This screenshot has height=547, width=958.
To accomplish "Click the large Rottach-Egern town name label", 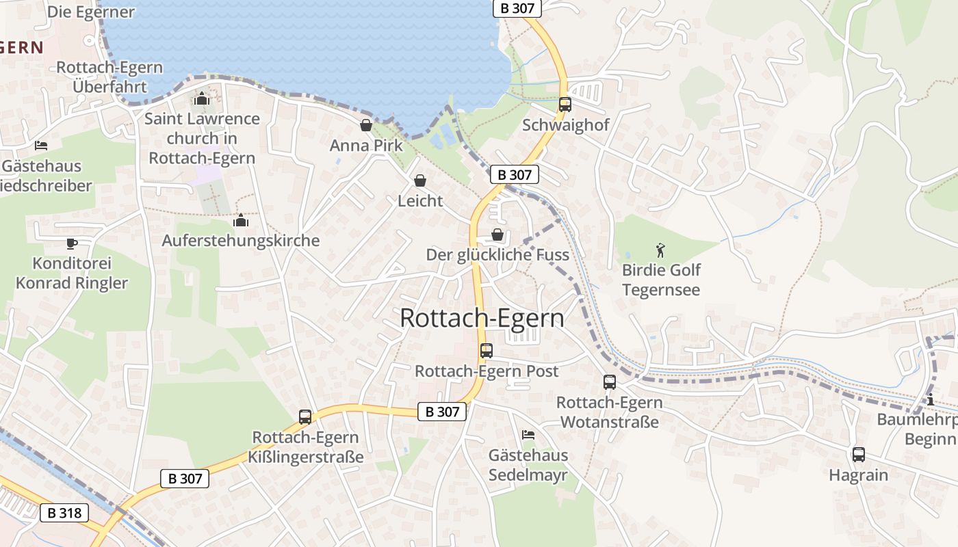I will click(482, 319).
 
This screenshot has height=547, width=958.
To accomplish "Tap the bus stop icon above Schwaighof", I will click(565, 105).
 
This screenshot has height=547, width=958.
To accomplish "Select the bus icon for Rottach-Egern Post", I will click(486, 351).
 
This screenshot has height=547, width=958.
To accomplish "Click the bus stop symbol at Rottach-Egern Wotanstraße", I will click(609, 382).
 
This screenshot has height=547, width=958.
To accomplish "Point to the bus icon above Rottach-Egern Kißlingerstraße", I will click(305, 416).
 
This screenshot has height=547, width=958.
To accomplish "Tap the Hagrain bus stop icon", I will click(858, 455).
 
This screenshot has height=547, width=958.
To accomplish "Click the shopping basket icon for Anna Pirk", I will click(366, 125).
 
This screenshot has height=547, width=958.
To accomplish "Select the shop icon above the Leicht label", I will click(420, 181).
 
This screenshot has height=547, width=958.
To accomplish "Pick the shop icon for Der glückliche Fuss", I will click(497, 235).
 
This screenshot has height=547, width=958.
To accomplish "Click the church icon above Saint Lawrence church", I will click(201, 99).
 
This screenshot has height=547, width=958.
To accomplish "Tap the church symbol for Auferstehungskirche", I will click(241, 220).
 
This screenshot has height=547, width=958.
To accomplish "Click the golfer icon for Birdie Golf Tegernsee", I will click(660, 250).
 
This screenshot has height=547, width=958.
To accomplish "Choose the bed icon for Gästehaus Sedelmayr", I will click(528, 434).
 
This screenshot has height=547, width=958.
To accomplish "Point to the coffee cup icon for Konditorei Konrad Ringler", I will click(71, 243).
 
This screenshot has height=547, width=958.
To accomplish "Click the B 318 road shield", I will click(65, 512).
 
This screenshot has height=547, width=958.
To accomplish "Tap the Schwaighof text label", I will click(565, 125).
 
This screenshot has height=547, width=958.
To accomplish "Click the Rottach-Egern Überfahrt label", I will click(109, 77).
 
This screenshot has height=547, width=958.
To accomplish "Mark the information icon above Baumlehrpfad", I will click(930, 399).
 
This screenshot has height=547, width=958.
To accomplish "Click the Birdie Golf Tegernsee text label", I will click(661, 280).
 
